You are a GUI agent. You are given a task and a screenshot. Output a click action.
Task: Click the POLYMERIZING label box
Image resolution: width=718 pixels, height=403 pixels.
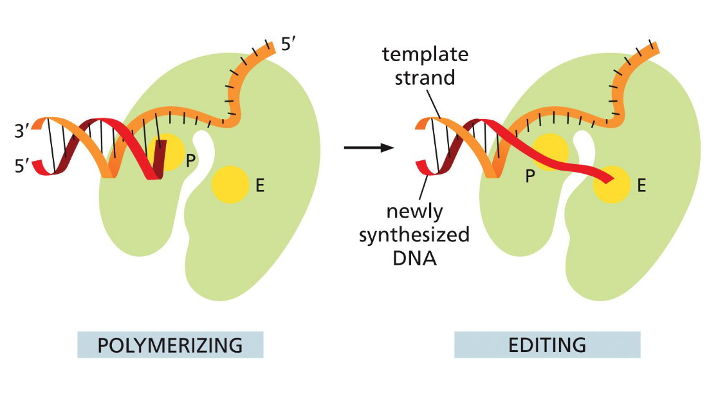170,345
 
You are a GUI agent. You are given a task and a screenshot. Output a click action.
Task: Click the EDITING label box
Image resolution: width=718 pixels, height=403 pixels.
547,345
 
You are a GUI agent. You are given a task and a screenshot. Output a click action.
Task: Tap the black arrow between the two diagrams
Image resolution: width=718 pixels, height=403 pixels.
369,148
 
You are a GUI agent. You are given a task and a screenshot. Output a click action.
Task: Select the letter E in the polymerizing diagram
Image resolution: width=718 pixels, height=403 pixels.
260,186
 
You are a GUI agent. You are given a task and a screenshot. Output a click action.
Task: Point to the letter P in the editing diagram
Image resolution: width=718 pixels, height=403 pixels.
529,176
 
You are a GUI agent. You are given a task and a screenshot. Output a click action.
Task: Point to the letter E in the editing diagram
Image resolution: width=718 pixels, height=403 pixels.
641,186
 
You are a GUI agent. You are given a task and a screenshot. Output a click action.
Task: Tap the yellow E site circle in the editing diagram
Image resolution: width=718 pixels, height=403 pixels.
611,186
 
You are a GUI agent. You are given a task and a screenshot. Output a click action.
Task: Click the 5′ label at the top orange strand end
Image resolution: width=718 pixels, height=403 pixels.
289,45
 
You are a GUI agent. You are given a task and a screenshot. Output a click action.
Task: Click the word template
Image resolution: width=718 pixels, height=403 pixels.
425,55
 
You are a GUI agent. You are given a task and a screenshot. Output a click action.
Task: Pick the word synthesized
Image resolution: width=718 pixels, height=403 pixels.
414,235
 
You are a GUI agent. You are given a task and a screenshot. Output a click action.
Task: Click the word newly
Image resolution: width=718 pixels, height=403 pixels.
413,212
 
